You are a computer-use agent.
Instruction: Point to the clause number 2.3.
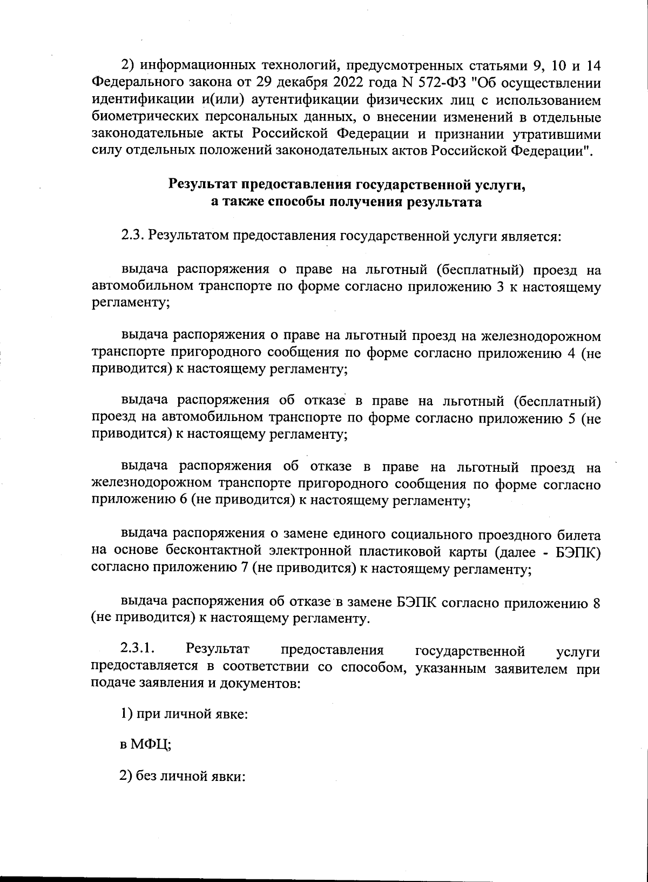coord(131,236)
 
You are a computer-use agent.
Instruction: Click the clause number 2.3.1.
coord(139,649)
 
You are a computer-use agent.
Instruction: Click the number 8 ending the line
coord(596,602)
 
